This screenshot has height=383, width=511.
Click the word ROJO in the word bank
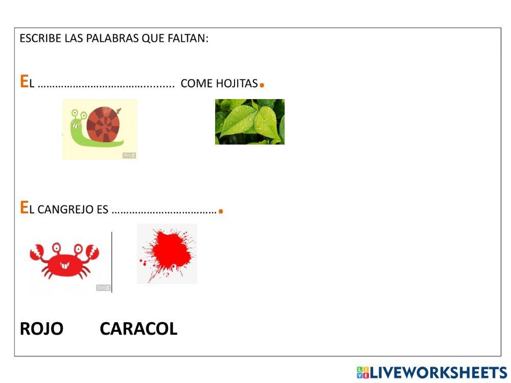[41, 329]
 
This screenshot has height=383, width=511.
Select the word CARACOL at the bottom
[138, 329]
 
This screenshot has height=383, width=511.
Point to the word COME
[197, 84]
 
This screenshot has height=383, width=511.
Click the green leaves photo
[249, 122]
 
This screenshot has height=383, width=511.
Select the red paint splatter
[166, 254]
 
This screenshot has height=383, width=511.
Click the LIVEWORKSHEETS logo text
[437, 372]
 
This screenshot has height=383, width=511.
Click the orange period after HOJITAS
[262, 85]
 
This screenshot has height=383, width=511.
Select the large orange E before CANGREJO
[24, 207]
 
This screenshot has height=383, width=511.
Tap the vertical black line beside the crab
[112, 261]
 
